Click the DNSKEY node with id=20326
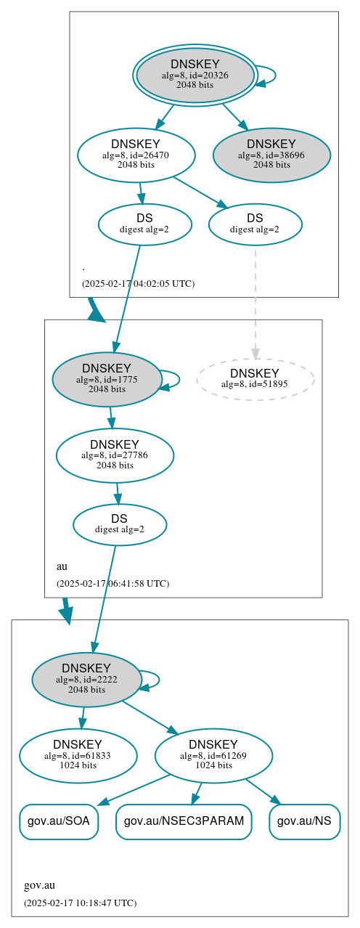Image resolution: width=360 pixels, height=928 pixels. coord(195,75)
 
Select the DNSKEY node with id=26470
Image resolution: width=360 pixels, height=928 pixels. coord(136,155)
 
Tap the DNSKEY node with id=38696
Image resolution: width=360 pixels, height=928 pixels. coord(271,155)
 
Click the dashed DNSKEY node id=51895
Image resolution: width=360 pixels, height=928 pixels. coord(255,378)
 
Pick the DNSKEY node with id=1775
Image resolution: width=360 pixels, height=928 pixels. coord(107,379)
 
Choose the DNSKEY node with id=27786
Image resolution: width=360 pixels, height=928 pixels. coord(115,455)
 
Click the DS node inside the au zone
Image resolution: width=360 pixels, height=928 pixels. coord(120,524)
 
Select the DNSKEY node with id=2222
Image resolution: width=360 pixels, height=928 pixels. coord(86,680)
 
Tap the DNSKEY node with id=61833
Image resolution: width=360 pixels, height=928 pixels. coord(78,756)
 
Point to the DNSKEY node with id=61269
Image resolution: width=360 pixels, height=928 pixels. coord(213,756)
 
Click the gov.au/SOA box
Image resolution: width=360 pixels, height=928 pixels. coord(59,821)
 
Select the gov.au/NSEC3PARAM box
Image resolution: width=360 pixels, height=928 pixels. coord(184,821)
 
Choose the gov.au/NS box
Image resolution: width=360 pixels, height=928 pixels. coord(305,821)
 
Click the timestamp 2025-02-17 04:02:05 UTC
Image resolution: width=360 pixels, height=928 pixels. coord(138,283)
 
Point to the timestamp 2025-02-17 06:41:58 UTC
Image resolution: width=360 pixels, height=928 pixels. coord(112,583)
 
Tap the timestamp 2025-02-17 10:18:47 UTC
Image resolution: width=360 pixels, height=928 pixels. coord(80,903)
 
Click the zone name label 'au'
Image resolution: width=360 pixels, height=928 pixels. coord(62,566)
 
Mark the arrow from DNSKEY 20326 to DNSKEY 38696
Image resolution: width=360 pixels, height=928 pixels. coord(234,116)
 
